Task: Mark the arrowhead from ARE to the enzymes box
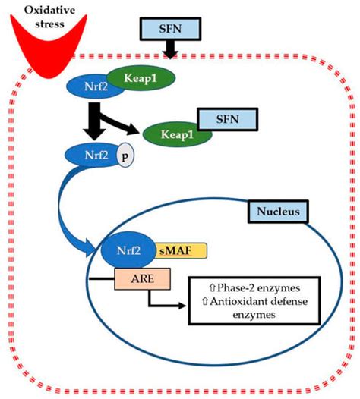click(x=183, y=306)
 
